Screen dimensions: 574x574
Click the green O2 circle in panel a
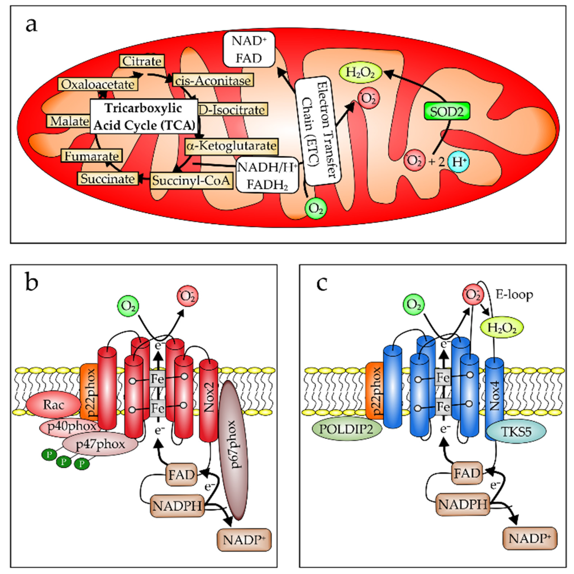(315, 208)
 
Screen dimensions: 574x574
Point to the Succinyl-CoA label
(191, 180)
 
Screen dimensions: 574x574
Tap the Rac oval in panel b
(53, 405)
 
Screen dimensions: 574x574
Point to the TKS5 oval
(516, 432)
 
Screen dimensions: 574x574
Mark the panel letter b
(32, 283)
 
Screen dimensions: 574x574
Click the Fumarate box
(91, 156)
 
